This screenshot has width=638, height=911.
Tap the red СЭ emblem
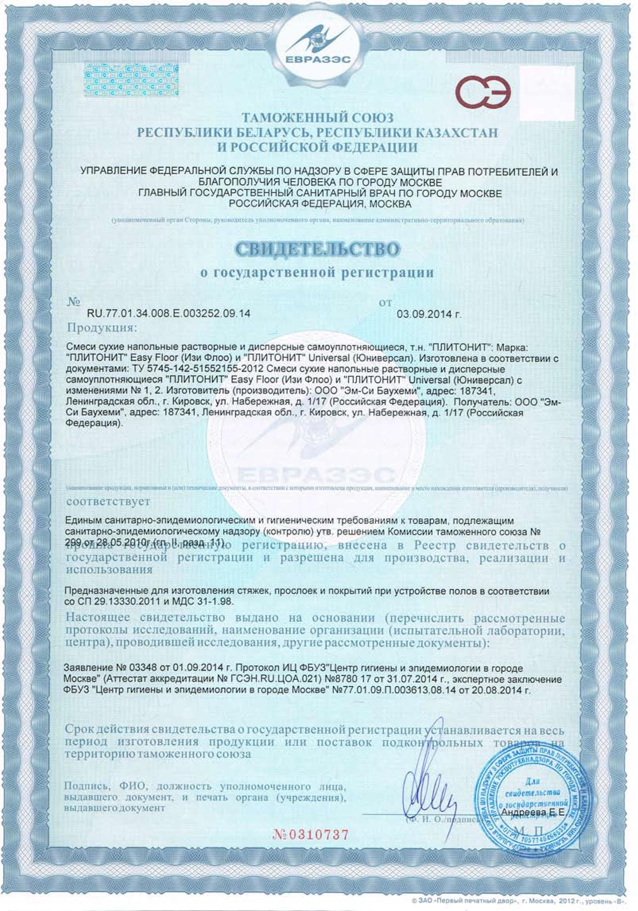pos(484,92)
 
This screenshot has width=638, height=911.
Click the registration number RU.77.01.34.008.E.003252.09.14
pos(168,314)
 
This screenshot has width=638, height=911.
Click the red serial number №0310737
pos(312,834)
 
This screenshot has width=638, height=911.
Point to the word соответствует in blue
pos(108,502)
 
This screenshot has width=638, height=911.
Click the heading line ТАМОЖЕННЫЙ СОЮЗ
pos(318,118)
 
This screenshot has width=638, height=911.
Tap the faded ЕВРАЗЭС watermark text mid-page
pos(316,476)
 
